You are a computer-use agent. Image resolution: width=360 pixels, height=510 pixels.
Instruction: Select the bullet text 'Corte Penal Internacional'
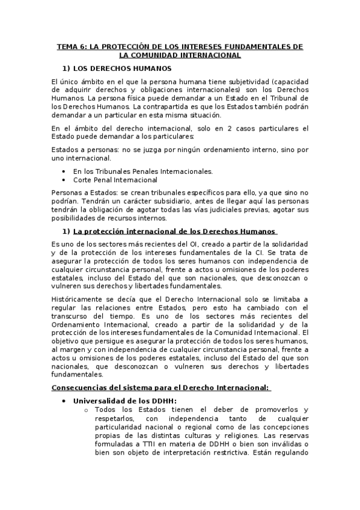point(115,179)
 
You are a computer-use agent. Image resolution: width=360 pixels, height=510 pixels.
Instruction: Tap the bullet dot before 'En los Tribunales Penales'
point(64,171)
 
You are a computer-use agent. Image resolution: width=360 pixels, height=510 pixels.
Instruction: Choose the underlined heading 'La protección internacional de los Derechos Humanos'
point(174,231)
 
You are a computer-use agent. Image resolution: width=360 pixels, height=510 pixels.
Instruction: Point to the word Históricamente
point(78,300)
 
